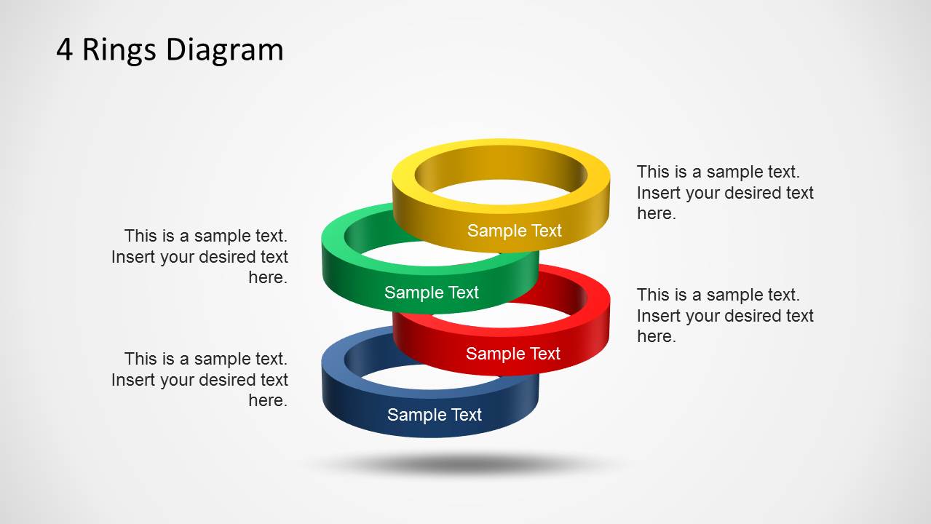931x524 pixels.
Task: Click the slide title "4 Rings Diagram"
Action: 170,49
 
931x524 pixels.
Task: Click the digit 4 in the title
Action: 65,50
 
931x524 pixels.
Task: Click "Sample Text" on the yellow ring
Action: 514,231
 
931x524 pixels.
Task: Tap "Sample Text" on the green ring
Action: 431,293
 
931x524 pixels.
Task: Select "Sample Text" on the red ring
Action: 512,354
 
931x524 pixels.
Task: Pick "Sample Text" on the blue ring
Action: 434,415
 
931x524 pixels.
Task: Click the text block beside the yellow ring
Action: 724,192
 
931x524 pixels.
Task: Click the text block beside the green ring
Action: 200,256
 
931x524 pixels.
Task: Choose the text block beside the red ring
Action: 724,315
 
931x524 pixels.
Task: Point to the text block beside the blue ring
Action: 200,379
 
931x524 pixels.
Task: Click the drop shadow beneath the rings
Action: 466,463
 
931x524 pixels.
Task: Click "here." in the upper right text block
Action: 656,213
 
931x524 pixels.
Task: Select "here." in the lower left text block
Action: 268,400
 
